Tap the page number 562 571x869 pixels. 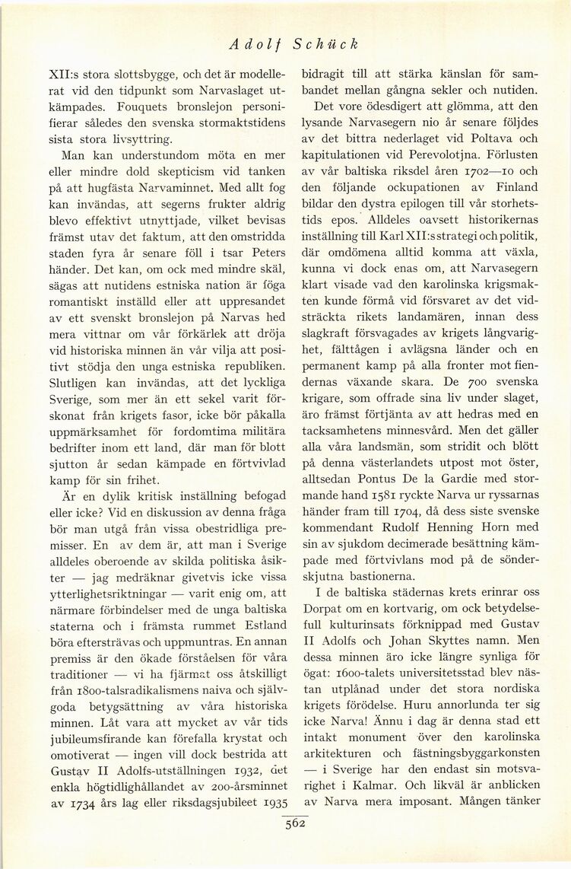point(290,828)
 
